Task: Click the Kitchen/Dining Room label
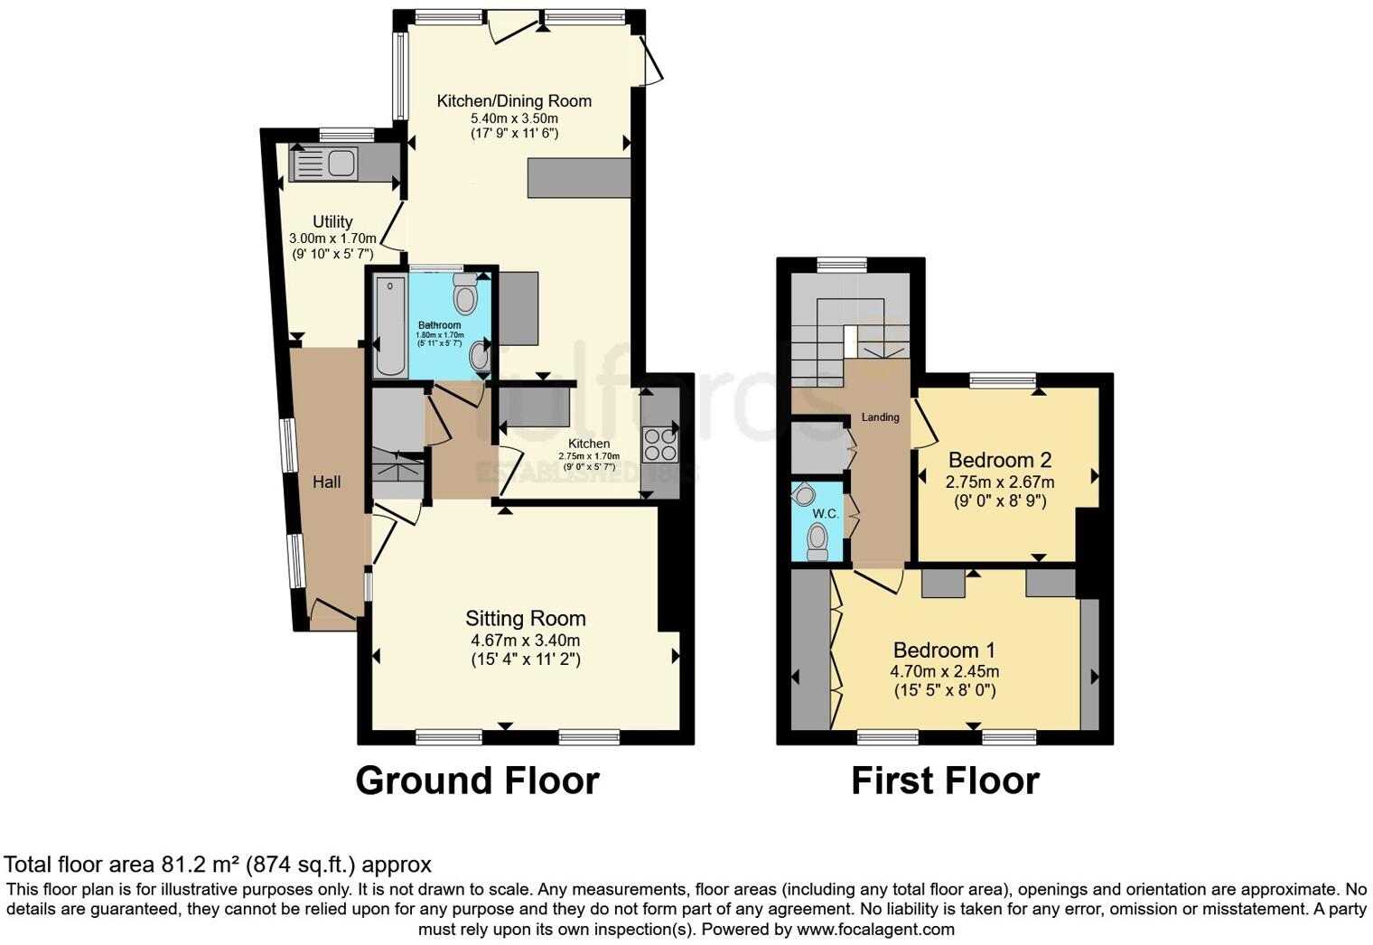click(x=514, y=101)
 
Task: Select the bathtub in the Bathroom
click(x=390, y=327)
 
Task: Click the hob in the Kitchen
click(x=659, y=444)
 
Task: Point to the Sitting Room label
click(x=525, y=619)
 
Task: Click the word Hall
click(x=326, y=482)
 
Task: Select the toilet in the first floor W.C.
click(x=817, y=541)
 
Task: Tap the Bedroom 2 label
click(x=999, y=460)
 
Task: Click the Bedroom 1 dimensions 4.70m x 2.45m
click(x=944, y=671)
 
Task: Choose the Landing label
click(x=880, y=417)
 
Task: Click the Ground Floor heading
click(x=477, y=781)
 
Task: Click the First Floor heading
click(x=945, y=781)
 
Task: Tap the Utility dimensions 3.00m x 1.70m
click(x=332, y=239)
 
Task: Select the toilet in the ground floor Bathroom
click(x=465, y=294)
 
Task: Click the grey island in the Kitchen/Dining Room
click(x=578, y=178)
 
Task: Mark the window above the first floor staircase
click(x=842, y=265)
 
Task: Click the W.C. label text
click(x=825, y=513)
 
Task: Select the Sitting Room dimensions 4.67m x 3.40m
click(x=525, y=641)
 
